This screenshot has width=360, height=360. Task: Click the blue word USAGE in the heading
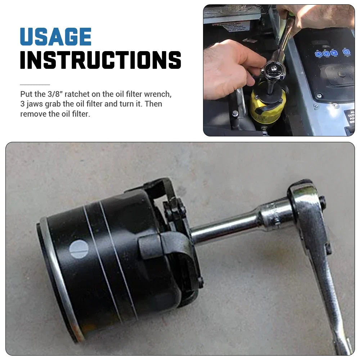(56, 37)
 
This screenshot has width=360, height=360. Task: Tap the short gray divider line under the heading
(35, 85)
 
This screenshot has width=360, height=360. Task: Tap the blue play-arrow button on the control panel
(334, 53)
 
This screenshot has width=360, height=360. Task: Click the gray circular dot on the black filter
(78, 249)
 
